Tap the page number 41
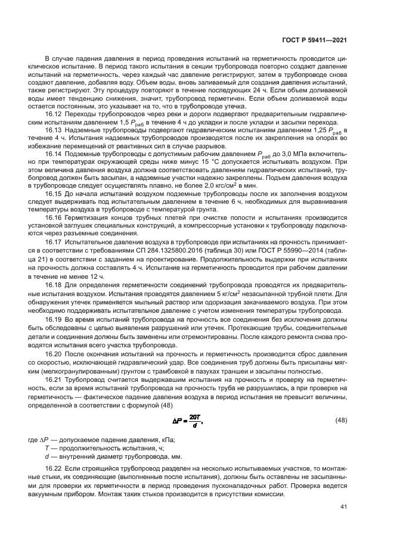(343, 507)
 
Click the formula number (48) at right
(340, 421)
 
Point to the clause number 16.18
(54, 293)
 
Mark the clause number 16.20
(54, 353)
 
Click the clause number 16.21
(54, 380)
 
